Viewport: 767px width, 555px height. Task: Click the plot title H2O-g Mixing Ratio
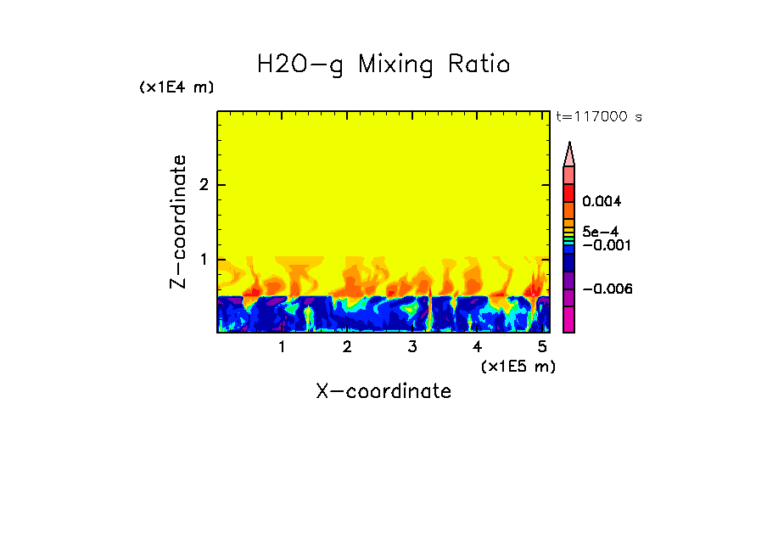tap(383, 64)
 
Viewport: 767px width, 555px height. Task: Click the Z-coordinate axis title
tap(178, 221)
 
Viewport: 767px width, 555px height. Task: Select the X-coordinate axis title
tap(383, 391)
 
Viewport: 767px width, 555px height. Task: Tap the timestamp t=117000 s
tap(598, 116)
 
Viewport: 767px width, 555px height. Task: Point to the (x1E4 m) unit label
tap(176, 87)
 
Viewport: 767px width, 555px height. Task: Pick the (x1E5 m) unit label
tap(518, 366)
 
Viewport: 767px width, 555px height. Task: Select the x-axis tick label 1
tap(282, 347)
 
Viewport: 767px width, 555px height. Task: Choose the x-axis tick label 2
tap(347, 347)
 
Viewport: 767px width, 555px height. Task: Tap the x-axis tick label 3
tap(412, 347)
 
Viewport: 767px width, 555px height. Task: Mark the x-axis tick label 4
tap(477, 347)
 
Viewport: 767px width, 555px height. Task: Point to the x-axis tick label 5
tap(542, 347)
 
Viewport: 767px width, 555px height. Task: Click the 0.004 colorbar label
tap(602, 202)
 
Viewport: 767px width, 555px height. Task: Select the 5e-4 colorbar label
tap(600, 231)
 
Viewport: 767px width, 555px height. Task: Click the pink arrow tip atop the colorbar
tap(569, 154)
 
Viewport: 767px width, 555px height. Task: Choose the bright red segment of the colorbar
tap(569, 193)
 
